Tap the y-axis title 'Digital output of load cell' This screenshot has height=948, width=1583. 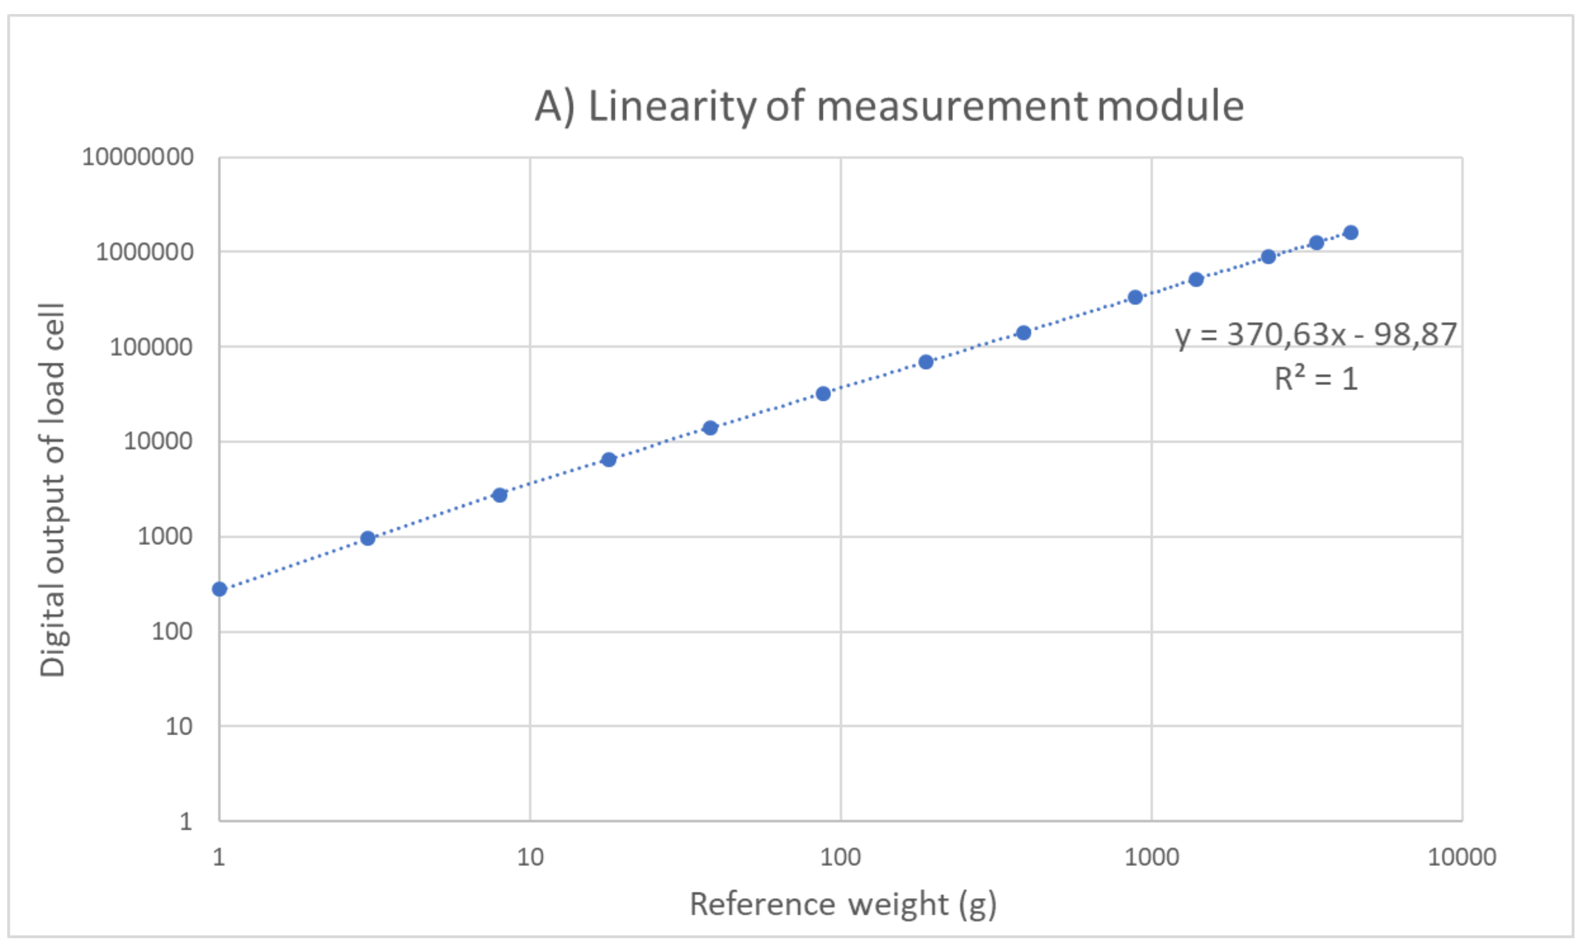[x=52, y=490]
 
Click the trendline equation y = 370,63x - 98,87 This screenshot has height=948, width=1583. [x=1315, y=334]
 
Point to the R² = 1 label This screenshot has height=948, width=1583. [x=1315, y=379]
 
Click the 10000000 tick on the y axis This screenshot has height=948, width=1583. [x=137, y=157]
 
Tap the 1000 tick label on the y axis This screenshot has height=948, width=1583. [x=165, y=537]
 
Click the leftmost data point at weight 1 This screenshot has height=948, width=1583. [x=220, y=589]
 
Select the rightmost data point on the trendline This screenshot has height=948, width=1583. [x=1351, y=232]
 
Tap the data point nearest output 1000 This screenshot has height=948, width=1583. [x=368, y=539]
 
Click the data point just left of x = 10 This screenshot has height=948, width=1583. [x=499, y=495]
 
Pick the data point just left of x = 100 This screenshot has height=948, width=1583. [x=823, y=394]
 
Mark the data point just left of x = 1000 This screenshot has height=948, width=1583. [x=1135, y=297]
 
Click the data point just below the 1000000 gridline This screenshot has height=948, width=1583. [x=1268, y=257]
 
